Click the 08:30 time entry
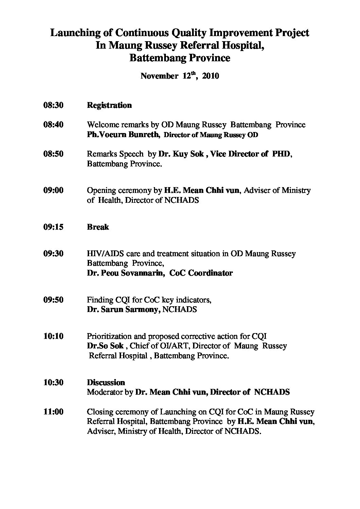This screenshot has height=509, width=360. [53, 105]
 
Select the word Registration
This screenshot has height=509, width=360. [109, 105]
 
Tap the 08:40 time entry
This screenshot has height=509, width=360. [53, 125]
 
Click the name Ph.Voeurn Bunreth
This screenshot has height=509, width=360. [123, 135]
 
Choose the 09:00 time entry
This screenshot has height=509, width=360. [53, 190]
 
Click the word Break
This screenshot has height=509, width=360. [98, 227]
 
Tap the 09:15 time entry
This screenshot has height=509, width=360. [53, 227]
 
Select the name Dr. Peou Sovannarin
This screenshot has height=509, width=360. [125, 273]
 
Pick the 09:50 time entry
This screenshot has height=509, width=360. [53, 300]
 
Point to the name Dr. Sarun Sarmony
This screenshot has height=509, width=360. [124, 310]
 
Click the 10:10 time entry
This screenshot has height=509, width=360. [53, 336]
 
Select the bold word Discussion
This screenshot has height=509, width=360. [106, 382]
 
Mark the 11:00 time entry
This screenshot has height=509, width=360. [53, 412]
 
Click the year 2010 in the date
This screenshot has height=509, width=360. [210, 76]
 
